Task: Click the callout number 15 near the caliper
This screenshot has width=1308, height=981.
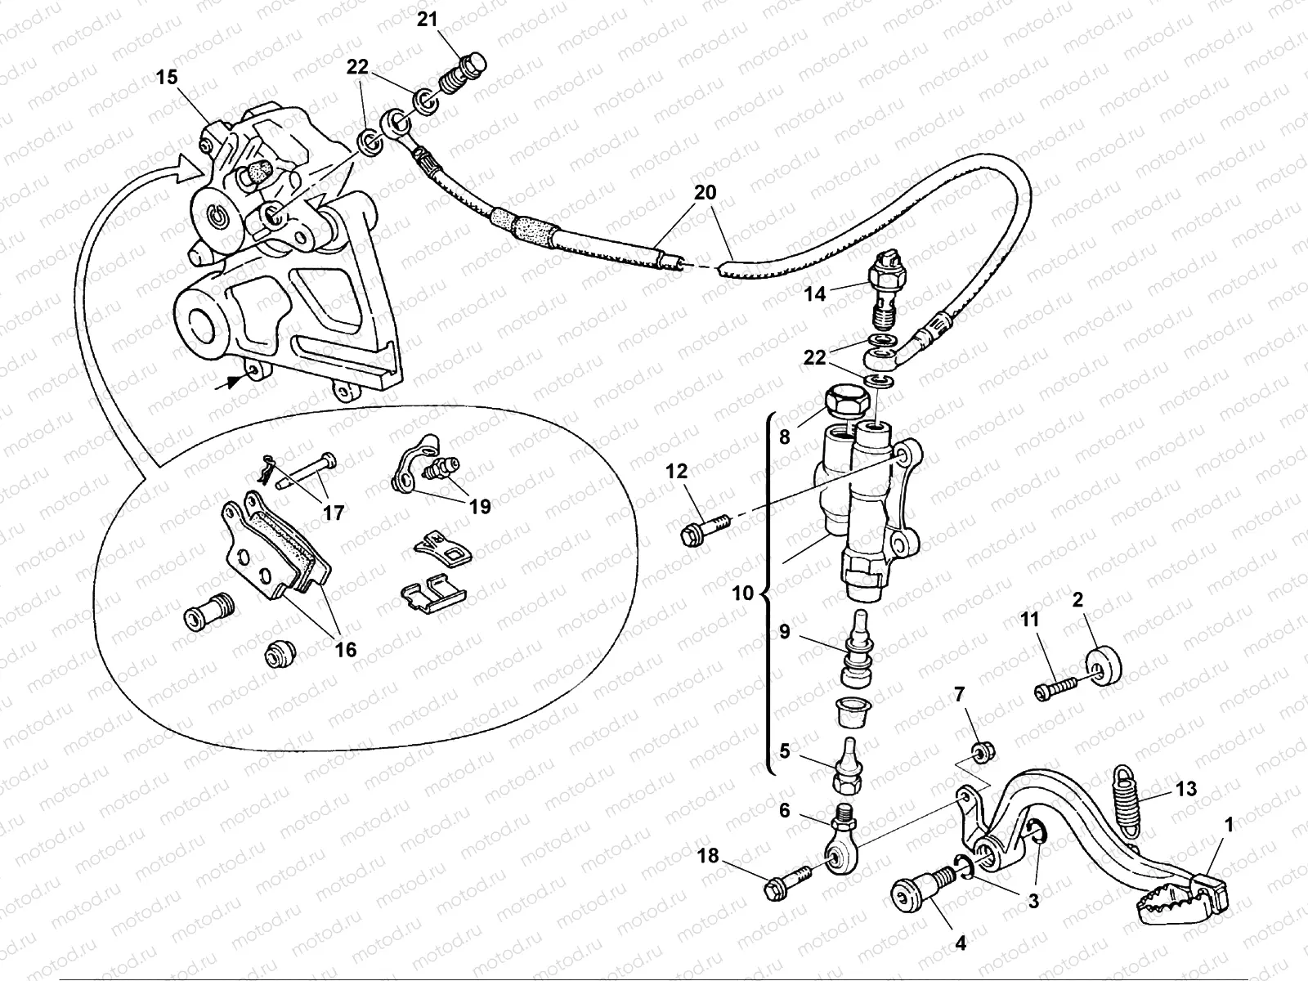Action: point(167,78)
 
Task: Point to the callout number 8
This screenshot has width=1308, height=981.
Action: point(785,437)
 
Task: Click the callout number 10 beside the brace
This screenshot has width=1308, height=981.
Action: point(742,593)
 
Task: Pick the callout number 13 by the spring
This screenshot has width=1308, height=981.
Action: point(1186,789)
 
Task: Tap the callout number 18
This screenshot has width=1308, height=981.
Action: point(708,856)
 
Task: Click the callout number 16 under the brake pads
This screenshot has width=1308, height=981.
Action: point(346,649)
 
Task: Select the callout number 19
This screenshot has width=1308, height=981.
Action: point(480,507)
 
